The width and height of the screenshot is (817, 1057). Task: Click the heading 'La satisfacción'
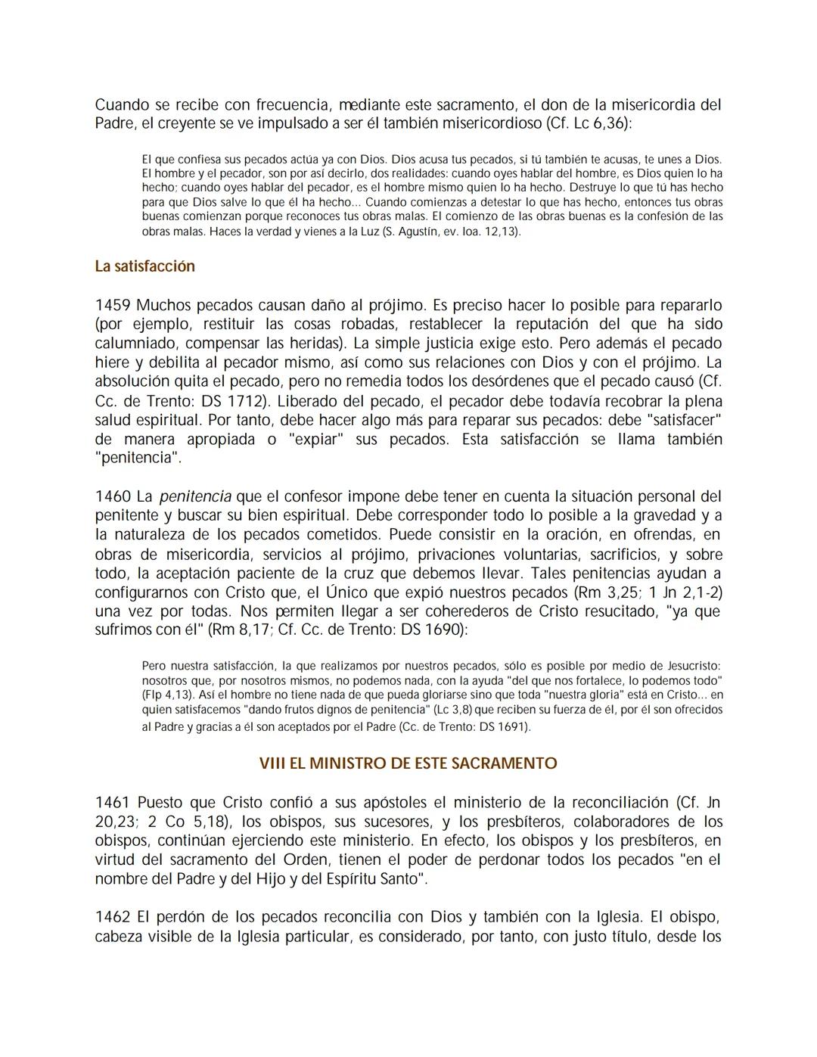(144, 266)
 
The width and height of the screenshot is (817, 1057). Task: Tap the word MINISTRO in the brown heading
(348, 763)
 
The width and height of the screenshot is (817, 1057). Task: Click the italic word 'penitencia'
(195, 497)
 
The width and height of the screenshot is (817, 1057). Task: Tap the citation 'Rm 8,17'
(241, 630)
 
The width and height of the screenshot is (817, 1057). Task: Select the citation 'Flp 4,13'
(168, 695)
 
